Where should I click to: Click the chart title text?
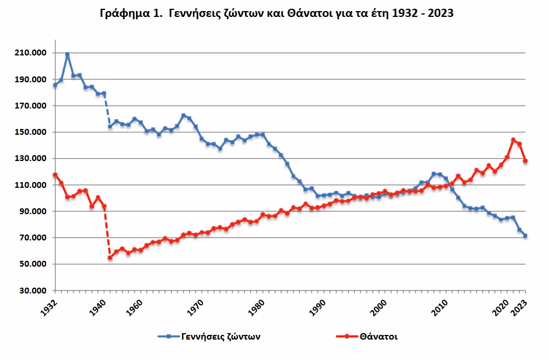pos(277,13)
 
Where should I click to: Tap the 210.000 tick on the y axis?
pos(30,53)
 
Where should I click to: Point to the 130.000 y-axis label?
pos(30,159)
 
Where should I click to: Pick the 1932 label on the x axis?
pos(49,307)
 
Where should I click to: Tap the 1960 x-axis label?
pos(134,307)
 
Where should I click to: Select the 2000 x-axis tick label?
pos(379,307)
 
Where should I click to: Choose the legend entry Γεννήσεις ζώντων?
pos(209,337)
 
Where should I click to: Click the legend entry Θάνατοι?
pos(367,337)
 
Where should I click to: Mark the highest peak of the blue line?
pos(67,54)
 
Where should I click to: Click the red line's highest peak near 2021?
pos(513,139)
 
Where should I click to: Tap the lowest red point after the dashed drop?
pos(110,257)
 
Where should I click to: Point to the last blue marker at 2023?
pos(526,236)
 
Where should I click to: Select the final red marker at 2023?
pos(526,161)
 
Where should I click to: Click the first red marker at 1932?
pos(55,174)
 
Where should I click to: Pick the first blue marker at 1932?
pos(55,85)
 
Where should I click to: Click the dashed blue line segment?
pos(107,110)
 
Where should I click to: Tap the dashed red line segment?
pos(107,232)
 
